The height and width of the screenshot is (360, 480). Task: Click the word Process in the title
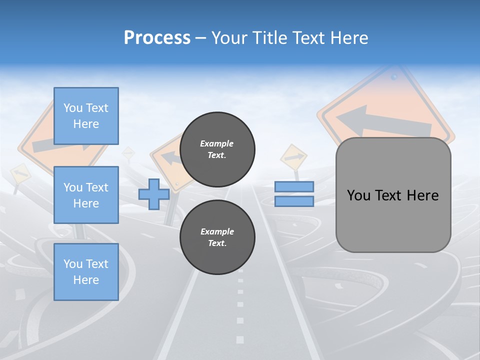(x=157, y=38)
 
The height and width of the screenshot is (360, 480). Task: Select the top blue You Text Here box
(x=86, y=116)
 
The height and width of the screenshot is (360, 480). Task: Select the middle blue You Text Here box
(x=86, y=195)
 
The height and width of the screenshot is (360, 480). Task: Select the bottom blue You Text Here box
(x=86, y=272)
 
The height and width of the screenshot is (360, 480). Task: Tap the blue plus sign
(x=154, y=194)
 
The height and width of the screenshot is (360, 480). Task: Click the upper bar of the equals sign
(x=294, y=187)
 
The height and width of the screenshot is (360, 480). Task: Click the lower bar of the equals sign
(x=294, y=201)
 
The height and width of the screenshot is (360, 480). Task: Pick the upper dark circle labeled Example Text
(x=217, y=149)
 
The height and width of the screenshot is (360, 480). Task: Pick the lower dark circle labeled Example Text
(x=217, y=237)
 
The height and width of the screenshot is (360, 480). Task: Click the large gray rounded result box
(x=393, y=195)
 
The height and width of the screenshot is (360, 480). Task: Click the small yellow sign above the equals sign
(x=293, y=157)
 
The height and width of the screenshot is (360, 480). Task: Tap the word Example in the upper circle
(x=217, y=143)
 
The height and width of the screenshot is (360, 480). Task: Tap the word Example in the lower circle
(x=217, y=231)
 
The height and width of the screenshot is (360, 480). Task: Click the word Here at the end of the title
(x=349, y=38)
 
